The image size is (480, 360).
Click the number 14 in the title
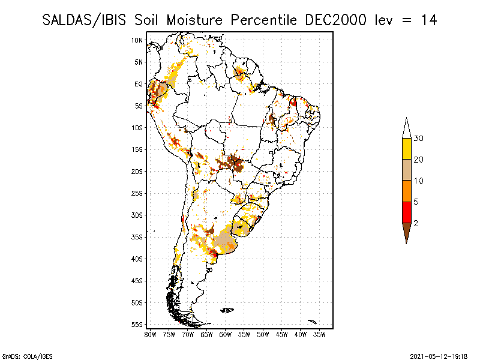428,20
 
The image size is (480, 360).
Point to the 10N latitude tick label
137,40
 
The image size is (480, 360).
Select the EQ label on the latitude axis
138,84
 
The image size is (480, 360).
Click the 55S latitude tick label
137,325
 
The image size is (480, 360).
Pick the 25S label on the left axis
137,193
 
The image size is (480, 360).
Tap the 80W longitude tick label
151,334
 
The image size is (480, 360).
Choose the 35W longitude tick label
319,334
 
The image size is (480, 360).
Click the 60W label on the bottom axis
226,334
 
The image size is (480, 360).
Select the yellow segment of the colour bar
406,149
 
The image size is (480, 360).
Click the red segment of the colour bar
406,212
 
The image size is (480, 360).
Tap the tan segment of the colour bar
406,170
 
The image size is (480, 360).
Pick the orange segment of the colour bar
406,191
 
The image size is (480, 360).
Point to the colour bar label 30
419,139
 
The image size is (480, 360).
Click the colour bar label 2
416,223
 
